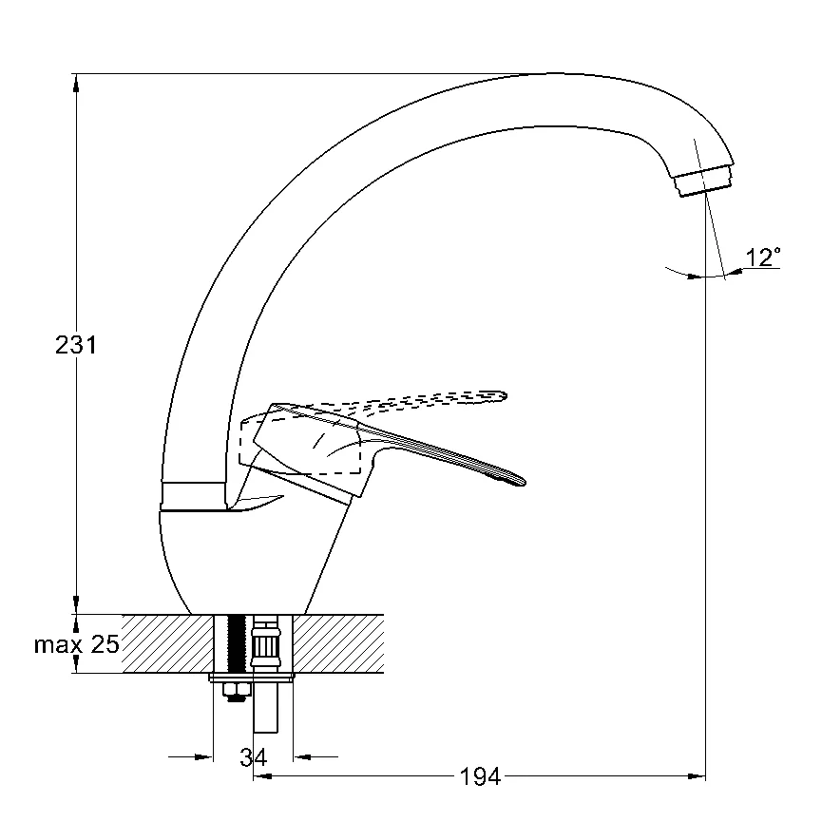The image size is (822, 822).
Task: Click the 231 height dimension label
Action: (76, 346)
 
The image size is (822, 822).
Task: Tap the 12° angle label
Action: (763, 258)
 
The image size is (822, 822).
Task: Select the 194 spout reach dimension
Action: (480, 777)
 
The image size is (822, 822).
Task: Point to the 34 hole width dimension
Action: (253, 757)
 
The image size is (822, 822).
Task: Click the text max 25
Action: (77, 645)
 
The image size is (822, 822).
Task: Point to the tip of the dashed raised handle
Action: (501, 392)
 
